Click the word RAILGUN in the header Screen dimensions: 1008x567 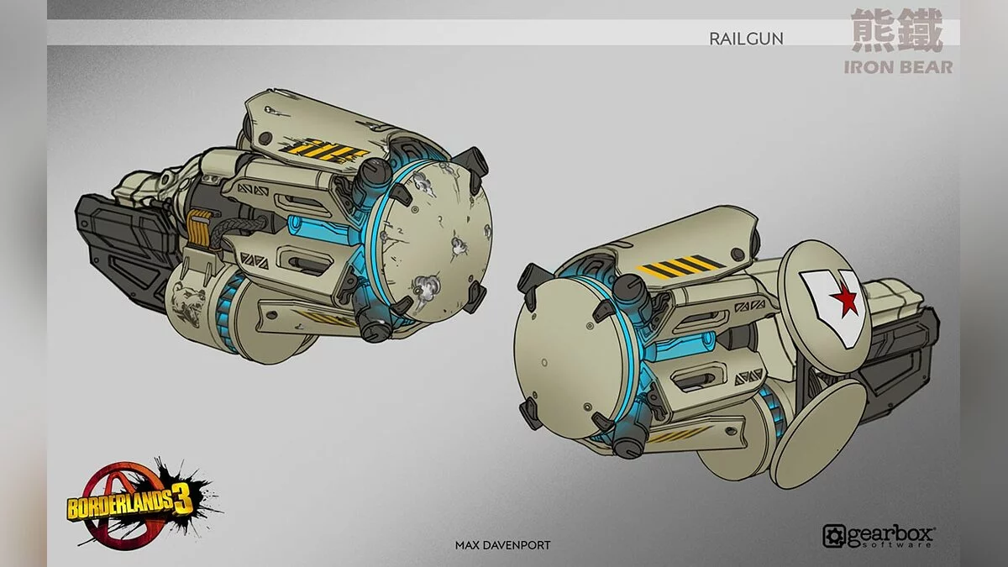pyautogui.click(x=746, y=39)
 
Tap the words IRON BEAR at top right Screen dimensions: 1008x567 pyautogui.click(x=898, y=67)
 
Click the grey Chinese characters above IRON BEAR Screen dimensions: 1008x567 pyautogui.click(x=896, y=31)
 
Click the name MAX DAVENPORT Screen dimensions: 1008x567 pyautogui.click(x=502, y=545)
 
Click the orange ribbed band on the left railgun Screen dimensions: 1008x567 pyautogui.click(x=198, y=228)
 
